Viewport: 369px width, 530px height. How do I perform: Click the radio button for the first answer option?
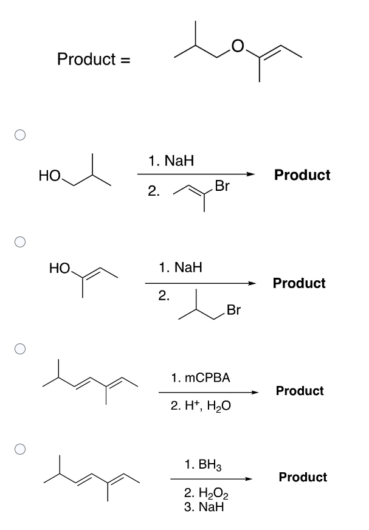(21, 135)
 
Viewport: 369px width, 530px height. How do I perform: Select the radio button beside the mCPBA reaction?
(21, 349)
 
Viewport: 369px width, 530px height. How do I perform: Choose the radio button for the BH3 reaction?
(21, 449)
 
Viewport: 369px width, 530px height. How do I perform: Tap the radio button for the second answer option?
(21, 241)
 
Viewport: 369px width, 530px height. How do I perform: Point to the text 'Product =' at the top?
(94, 59)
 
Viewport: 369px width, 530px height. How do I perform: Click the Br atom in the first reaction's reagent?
(222, 187)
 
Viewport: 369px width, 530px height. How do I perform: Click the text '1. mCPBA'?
(201, 377)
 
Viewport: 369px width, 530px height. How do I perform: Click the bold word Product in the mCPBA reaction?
(300, 391)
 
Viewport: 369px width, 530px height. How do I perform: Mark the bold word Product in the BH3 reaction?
(303, 477)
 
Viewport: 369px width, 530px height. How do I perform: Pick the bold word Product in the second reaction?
(299, 283)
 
